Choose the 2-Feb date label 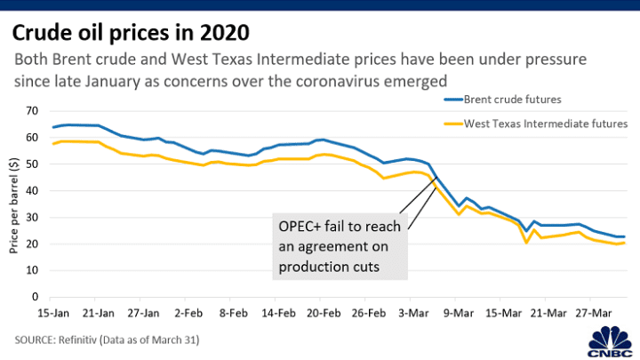point(188,314)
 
